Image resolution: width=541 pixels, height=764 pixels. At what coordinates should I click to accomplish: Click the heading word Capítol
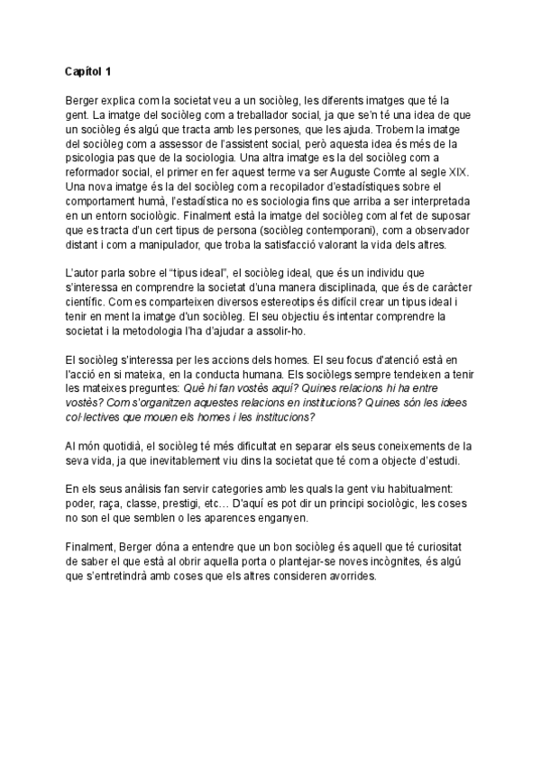click(84, 70)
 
